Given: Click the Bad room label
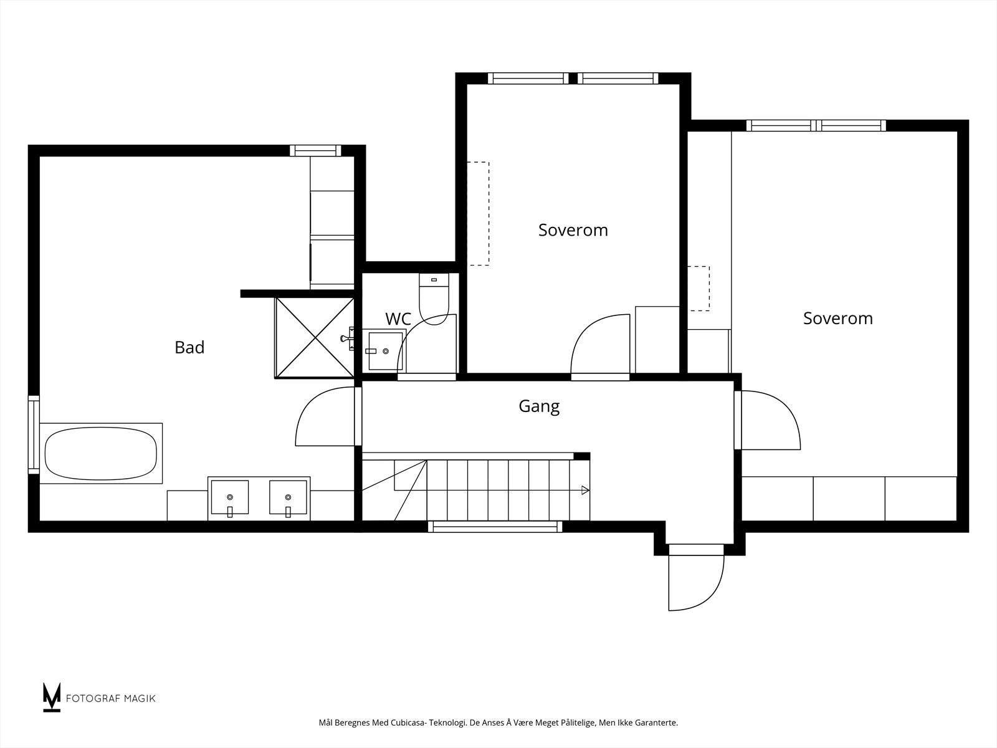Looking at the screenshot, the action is (x=189, y=347).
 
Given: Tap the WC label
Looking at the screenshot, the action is (x=398, y=319).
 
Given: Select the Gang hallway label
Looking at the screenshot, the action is (x=539, y=406).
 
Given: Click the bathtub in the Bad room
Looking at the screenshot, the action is (x=101, y=453).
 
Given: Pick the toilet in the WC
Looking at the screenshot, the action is (x=434, y=299).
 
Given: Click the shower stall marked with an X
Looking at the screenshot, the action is (x=314, y=338).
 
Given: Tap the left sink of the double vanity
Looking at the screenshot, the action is (x=229, y=498).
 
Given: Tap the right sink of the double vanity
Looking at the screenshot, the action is (x=288, y=498).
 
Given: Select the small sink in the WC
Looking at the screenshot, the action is (x=385, y=351).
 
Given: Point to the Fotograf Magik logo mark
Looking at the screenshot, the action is (x=51, y=697).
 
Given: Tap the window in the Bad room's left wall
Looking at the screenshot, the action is (x=34, y=434).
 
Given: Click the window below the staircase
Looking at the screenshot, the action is (x=495, y=527).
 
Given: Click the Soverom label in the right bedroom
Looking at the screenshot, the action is (x=838, y=319).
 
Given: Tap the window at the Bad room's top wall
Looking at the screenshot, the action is (x=315, y=150).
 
